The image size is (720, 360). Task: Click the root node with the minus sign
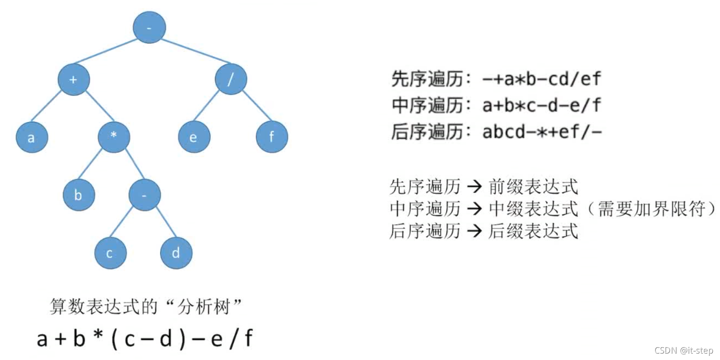pos(149,27)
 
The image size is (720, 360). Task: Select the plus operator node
pos(73,79)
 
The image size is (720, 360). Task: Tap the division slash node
pos(231,79)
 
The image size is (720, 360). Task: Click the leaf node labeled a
pos(31,137)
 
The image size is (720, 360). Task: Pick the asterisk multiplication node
pos(114,136)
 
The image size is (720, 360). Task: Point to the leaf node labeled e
pos(194,136)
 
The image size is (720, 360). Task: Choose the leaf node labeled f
pos(272,136)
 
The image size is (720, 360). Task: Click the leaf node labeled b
pos(78,195)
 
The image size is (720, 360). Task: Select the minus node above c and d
pos(145,195)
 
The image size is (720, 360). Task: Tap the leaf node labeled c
pos(110,253)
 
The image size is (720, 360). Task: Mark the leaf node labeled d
pos(176,253)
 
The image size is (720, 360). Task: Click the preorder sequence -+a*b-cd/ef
pos(542,79)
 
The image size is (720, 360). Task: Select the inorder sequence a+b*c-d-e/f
pos(542,105)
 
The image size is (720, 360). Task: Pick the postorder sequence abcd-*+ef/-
pos(542,132)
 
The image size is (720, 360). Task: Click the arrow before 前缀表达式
pos(474,186)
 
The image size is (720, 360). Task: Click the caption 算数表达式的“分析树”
pos(145,306)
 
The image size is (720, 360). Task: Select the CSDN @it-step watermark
pos(684,350)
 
